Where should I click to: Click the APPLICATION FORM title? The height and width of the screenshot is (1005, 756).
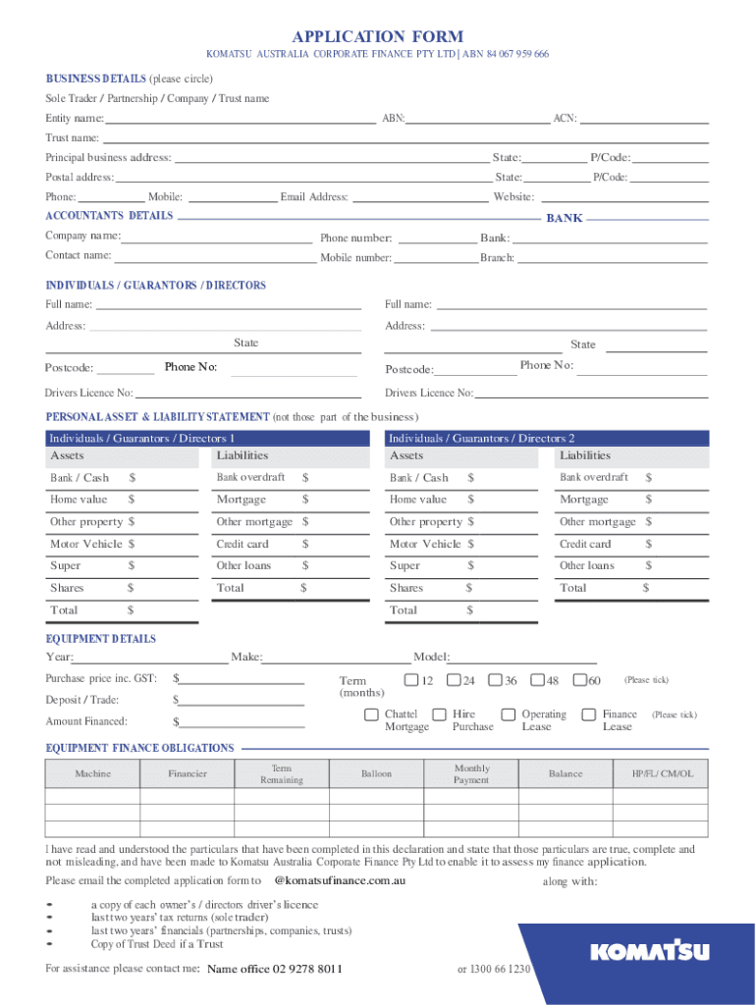pyautogui.click(x=378, y=36)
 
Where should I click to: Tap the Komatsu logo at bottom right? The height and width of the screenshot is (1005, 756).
pyautogui.click(x=649, y=951)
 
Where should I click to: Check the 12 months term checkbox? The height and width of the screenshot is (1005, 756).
pyautogui.click(x=411, y=680)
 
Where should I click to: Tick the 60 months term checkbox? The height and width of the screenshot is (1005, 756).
pyautogui.click(x=580, y=680)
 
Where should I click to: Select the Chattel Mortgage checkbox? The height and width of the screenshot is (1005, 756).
pyautogui.click(x=372, y=714)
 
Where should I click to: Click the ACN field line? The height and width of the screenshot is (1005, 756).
pyautogui.click(x=644, y=119)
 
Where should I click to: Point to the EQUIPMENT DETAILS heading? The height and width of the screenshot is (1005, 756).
pyautogui.click(x=100, y=639)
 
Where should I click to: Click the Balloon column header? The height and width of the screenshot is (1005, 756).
pyautogui.click(x=376, y=774)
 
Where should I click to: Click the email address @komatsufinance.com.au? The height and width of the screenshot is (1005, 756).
pyautogui.click(x=340, y=881)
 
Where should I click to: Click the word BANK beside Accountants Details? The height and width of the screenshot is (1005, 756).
pyautogui.click(x=564, y=218)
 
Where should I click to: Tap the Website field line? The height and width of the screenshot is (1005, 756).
pyautogui.click(x=622, y=197)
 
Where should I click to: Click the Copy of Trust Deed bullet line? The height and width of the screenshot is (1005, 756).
pyautogui.click(x=157, y=944)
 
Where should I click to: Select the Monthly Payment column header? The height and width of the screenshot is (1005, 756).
pyautogui.click(x=471, y=774)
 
